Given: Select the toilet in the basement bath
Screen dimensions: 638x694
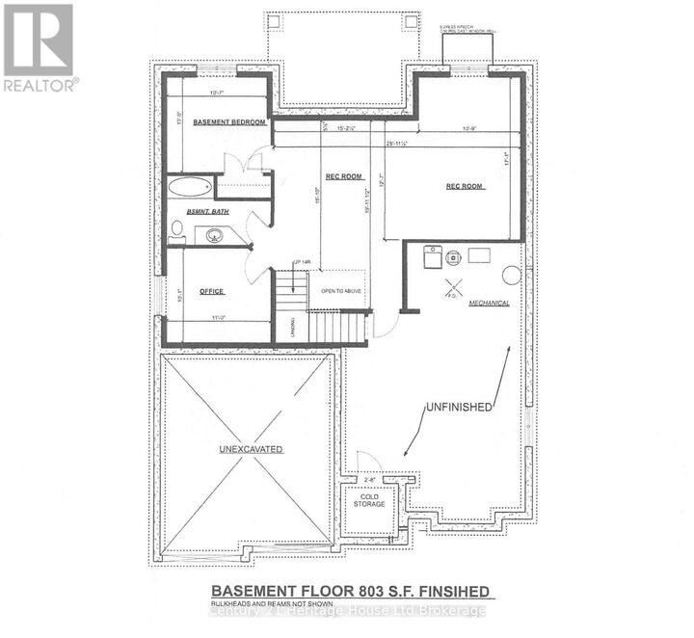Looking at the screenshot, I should (176, 229).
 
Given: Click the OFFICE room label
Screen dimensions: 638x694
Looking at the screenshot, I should (211, 289).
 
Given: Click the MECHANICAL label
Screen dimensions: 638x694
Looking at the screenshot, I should (489, 303).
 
